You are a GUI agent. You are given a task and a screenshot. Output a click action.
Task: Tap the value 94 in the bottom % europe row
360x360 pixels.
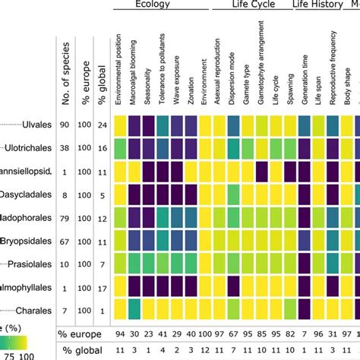pos(118,335)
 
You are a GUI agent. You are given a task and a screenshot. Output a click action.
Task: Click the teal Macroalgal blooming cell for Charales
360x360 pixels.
pos(134,311)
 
